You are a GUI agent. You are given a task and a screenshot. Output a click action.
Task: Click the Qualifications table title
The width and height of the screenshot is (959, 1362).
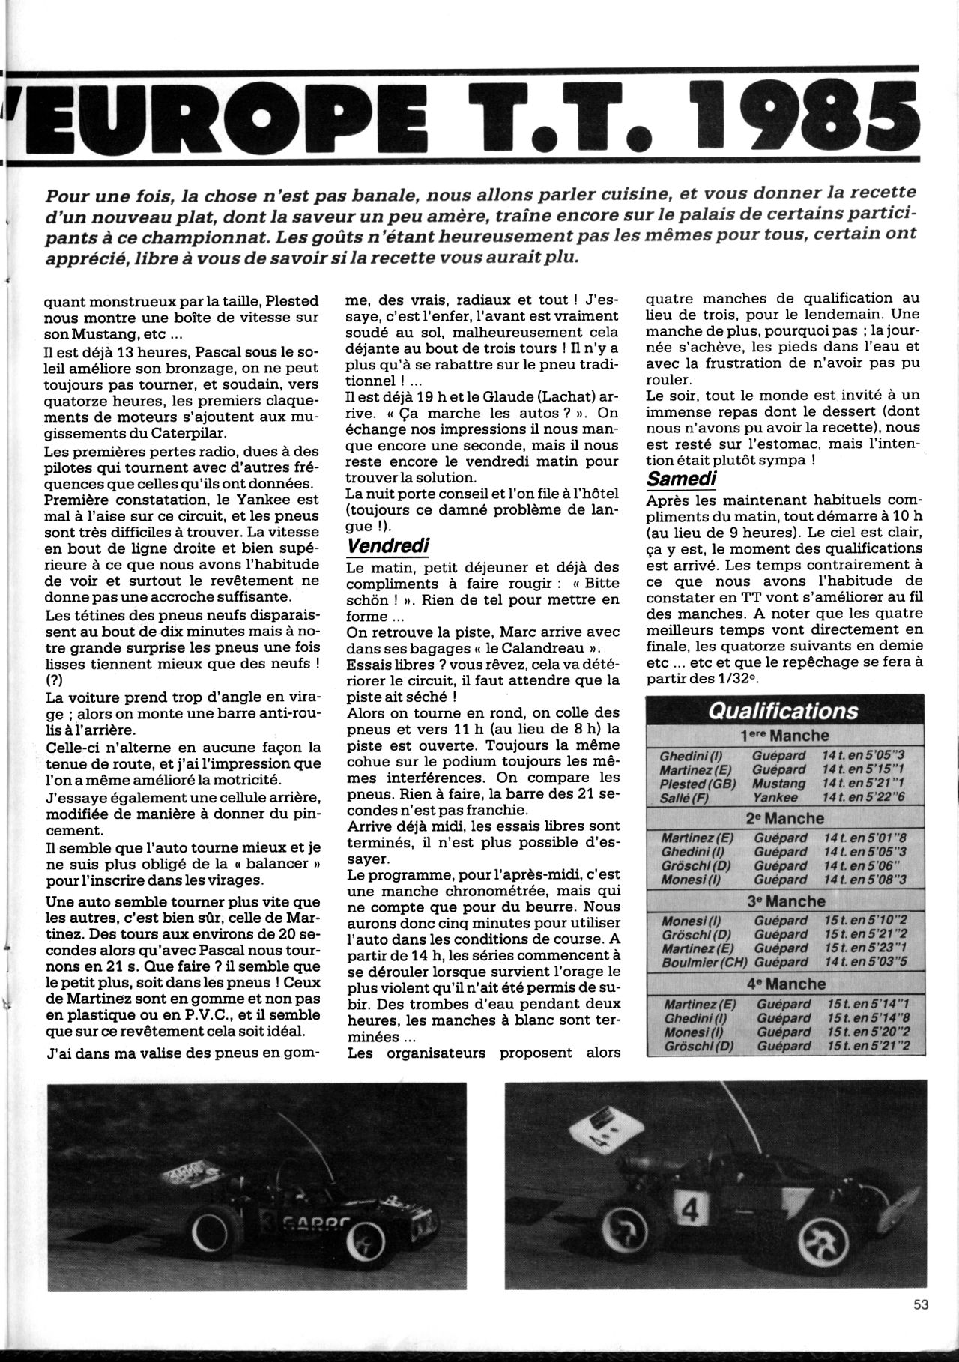click(783, 710)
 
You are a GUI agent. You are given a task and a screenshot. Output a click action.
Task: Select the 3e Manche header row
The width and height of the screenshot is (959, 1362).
click(785, 901)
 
